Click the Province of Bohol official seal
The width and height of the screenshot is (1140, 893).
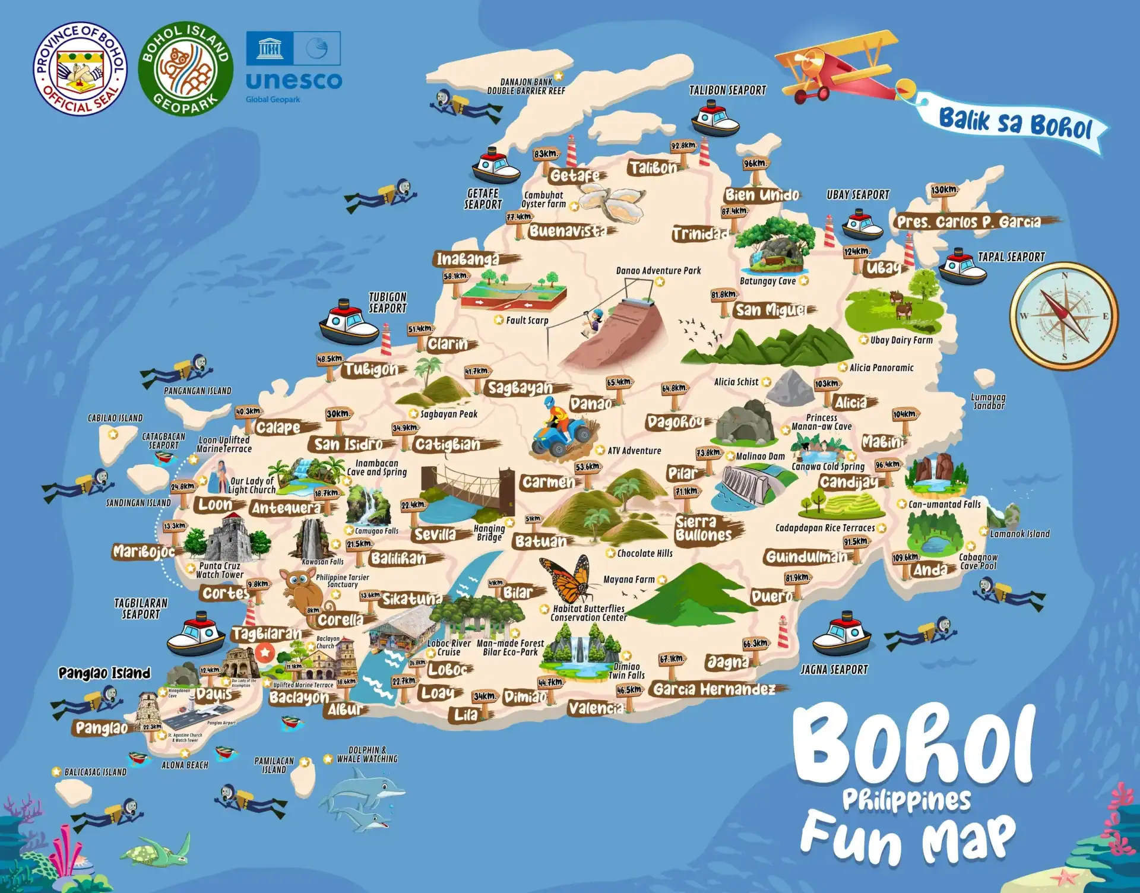click(80, 69)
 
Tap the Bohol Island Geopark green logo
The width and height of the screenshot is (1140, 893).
click(185, 69)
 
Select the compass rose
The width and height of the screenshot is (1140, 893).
click(1064, 315)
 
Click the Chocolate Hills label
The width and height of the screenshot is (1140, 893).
click(645, 553)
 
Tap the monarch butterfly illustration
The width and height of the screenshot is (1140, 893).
click(567, 579)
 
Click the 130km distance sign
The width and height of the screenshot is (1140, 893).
click(943, 191)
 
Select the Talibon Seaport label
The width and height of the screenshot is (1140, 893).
click(727, 90)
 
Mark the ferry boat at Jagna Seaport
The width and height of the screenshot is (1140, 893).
click(841, 637)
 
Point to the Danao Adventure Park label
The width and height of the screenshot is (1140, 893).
click(658, 271)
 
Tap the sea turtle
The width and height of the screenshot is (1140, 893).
click(156, 851)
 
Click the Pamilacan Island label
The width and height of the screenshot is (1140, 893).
click(274, 765)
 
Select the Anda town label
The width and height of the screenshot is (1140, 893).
click(930, 570)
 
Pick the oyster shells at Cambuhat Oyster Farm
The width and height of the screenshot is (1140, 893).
click(612, 201)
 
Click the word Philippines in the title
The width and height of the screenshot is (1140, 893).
click(907, 800)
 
